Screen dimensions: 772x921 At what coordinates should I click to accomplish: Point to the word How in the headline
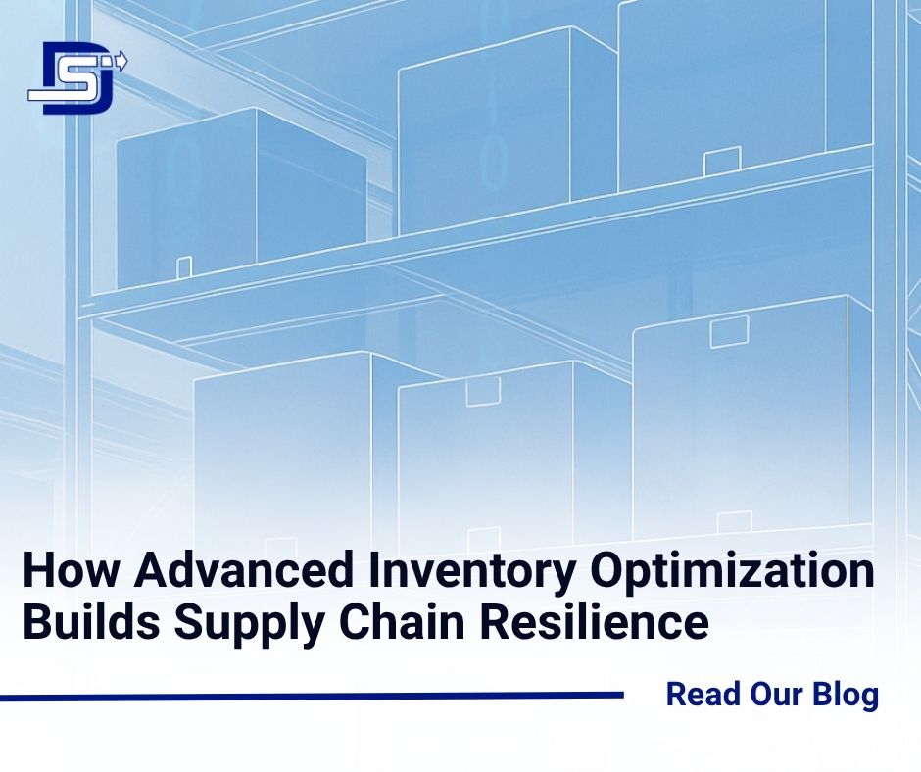(61, 571)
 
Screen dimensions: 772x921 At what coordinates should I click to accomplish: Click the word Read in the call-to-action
(701, 695)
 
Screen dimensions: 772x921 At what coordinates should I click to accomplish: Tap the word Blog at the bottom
(846, 695)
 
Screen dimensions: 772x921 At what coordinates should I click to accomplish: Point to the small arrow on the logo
(121, 63)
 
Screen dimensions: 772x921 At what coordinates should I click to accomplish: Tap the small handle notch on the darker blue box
(183, 266)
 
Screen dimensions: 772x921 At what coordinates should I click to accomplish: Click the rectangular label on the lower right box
(729, 332)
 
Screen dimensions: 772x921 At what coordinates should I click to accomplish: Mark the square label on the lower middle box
(483, 392)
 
